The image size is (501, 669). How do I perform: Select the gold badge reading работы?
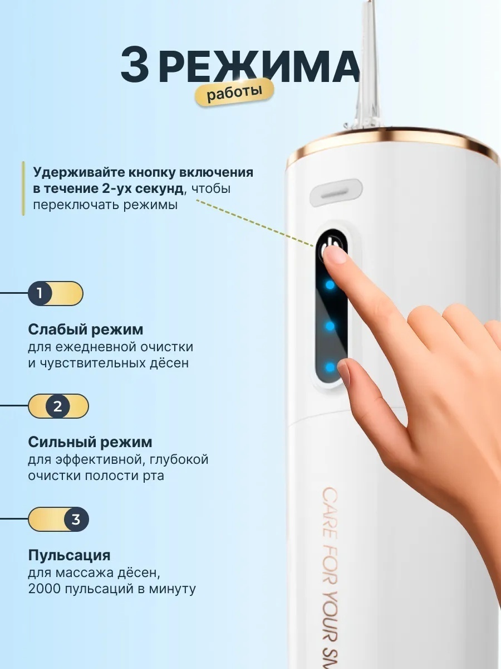234,92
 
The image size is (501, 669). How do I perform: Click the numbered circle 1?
40,293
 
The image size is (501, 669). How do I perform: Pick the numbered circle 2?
58,406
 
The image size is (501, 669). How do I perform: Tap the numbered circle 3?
76,519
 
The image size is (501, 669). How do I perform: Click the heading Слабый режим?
86,329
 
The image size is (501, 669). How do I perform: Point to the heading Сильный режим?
90,442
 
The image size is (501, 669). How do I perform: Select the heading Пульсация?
70,555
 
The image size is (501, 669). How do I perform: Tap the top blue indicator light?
330,285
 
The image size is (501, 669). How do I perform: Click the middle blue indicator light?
330,326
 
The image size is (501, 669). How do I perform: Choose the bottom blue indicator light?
330,367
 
